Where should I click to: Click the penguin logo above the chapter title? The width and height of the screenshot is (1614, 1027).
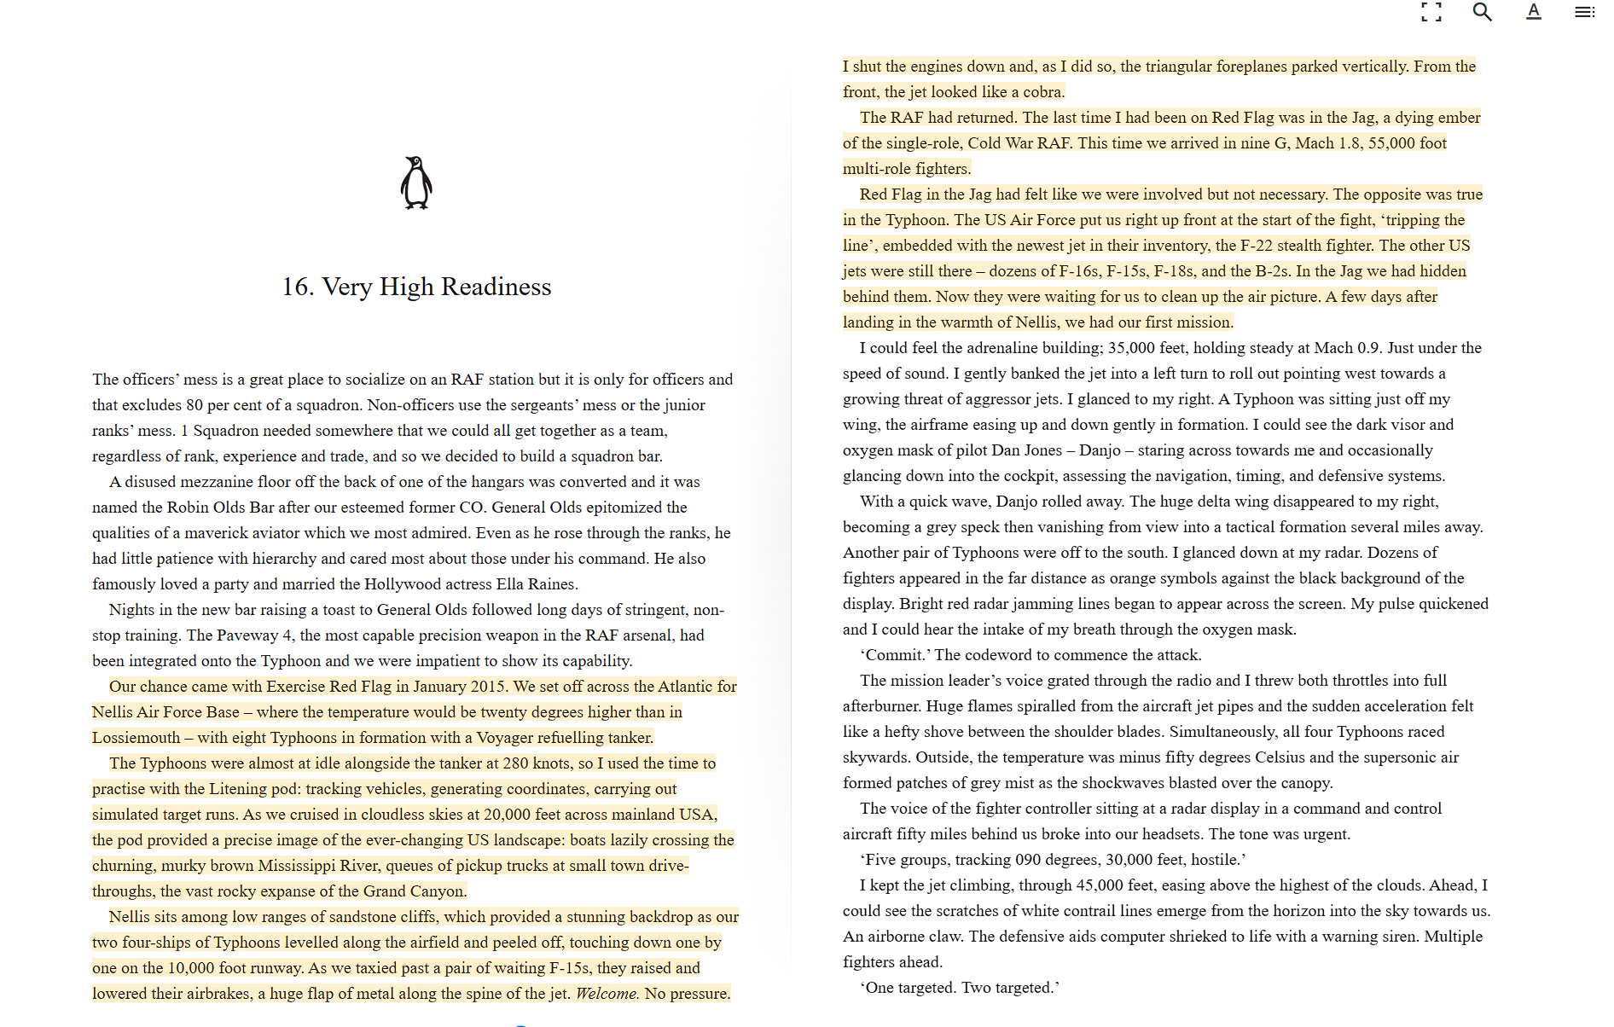[x=416, y=183]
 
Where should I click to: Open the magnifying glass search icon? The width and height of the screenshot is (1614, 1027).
[x=1482, y=12]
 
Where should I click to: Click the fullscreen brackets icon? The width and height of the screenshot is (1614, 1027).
[x=1431, y=12]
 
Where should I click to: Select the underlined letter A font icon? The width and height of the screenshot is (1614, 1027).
[x=1533, y=12]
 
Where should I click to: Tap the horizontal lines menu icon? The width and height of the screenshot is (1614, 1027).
[x=1584, y=12]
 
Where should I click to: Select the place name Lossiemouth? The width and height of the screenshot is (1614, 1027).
[x=136, y=738]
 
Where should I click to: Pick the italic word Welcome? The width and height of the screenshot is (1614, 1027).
[x=607, y=994]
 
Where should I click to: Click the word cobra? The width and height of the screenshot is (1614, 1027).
[x=1042, y=92]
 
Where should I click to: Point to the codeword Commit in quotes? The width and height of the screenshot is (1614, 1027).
[x=895, y=655]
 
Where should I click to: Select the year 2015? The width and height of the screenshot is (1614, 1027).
[x=487, y=687]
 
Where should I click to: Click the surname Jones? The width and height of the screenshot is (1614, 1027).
[x=1041, y=450]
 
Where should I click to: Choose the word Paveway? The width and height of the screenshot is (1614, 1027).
[x=247, y=635]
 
